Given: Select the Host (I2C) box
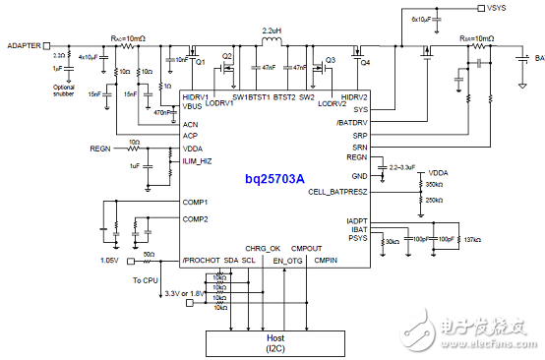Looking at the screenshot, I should coord(274,342).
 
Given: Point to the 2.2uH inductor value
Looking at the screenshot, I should coord(272,30).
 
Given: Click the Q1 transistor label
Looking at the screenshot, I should coord(200,63).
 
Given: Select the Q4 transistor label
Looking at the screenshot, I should coord(365,63).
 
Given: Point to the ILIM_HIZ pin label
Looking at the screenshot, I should coord(198,160).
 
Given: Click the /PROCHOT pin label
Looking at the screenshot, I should coord(201,260).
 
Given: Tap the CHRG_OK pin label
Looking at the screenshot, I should coord(264,248).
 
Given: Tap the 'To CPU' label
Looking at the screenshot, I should coord(145,280).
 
